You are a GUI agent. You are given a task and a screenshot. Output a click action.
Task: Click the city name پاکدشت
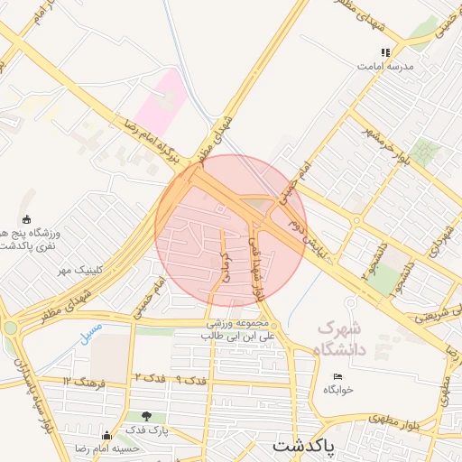tap(302, 446)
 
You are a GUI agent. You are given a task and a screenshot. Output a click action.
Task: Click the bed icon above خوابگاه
tap(338, 376)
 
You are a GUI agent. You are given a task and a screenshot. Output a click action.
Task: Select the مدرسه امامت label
tap(384, 67)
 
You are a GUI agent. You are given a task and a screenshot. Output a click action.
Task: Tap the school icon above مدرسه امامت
tap(385, 52)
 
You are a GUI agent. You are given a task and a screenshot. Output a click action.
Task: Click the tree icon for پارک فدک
tap(146, 416)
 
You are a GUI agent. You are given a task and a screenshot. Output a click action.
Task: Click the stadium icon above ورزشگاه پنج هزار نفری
tap(26, 219)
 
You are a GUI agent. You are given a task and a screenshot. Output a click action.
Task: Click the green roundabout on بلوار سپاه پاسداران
tap(9, 328)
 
